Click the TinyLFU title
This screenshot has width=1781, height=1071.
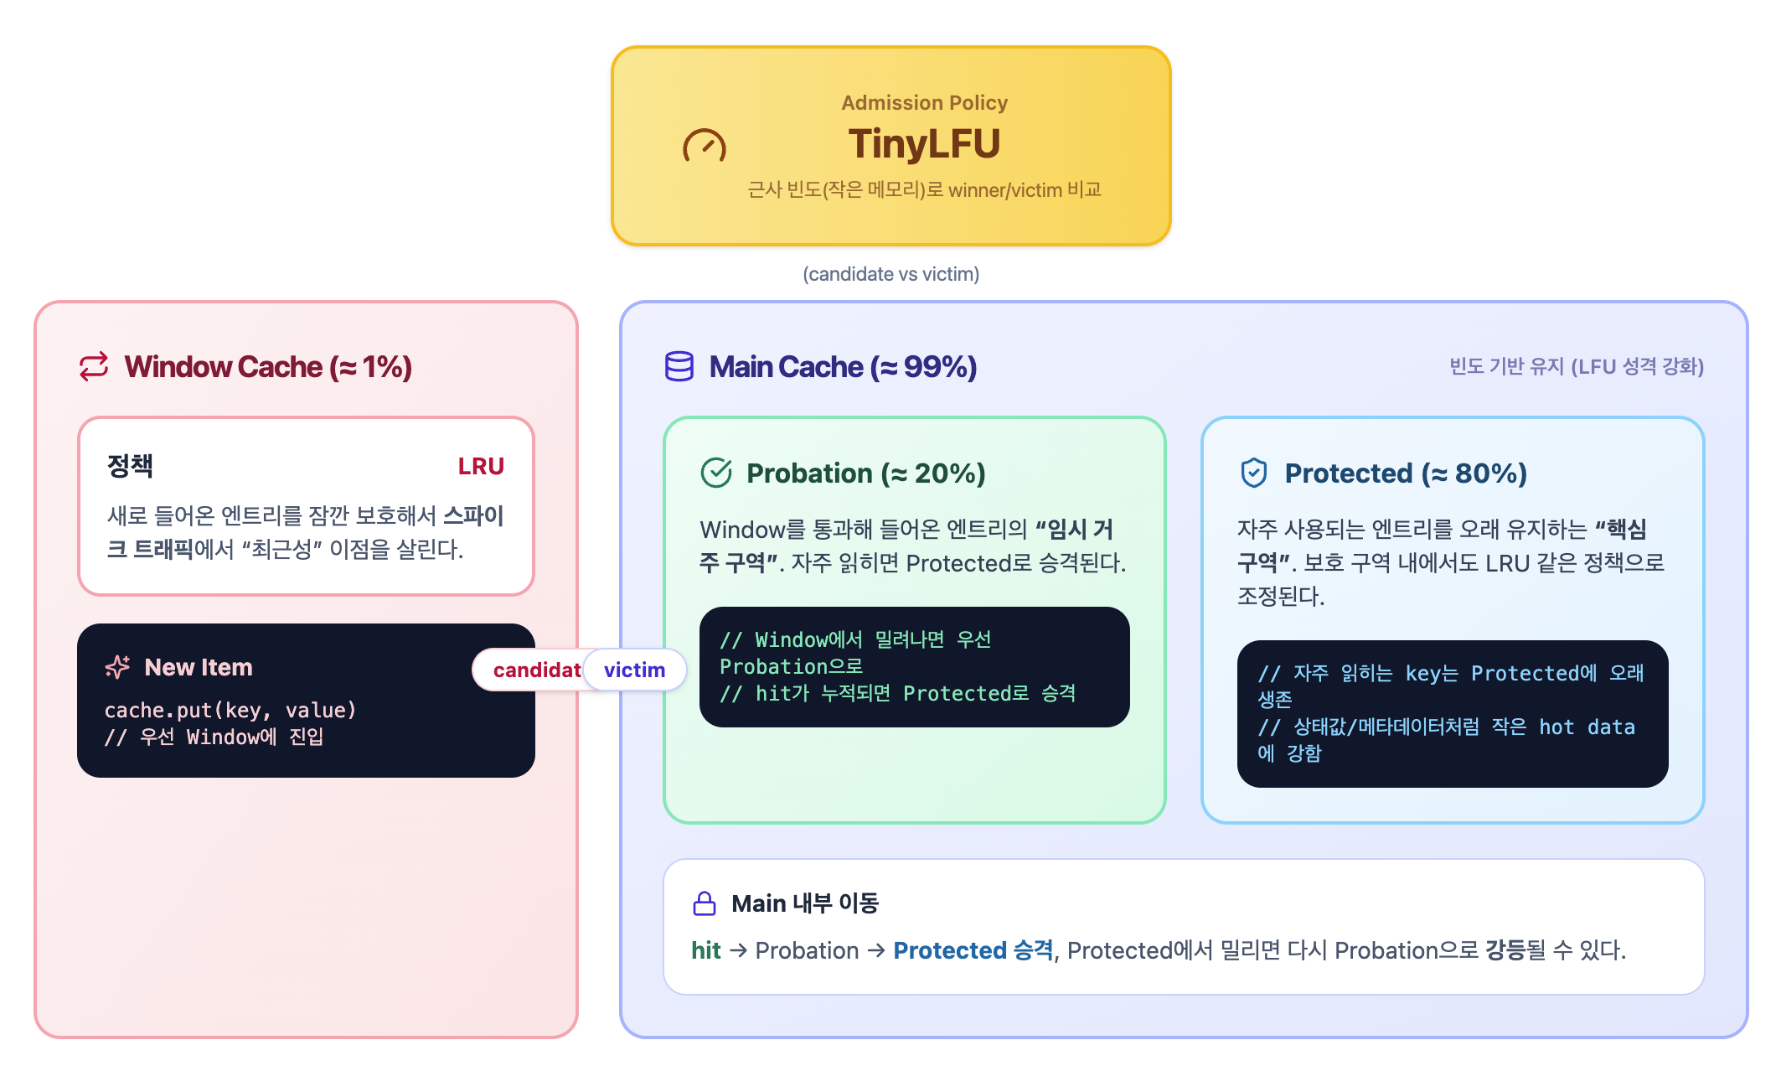point(924,143)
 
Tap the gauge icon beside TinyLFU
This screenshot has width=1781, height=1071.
point(704,147)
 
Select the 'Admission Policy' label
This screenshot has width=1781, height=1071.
point(924,102)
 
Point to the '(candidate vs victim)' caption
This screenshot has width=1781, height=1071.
point(890,274)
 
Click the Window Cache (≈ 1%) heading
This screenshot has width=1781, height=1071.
point(268,367)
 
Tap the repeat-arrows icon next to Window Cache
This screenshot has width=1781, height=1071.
point(94,366)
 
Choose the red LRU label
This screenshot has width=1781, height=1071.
point(481,466)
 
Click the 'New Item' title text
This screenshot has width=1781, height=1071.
point(199,667)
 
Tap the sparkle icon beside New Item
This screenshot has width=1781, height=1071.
point(117,667)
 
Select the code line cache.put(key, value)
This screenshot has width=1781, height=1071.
point(230,710)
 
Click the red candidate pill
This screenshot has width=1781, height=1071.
point(532,670)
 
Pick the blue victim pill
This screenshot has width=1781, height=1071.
point(634,670)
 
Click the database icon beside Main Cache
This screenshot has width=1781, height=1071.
point(679,366)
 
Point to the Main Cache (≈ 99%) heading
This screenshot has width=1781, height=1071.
point(843,367)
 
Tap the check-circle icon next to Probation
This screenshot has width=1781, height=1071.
point(716,473)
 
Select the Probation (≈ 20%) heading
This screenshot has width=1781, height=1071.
point(865,473)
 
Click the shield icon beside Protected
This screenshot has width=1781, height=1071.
point(1253,473)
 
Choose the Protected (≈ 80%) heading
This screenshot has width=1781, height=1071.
point(1405,473)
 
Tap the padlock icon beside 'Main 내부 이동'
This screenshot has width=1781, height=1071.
point(705,903)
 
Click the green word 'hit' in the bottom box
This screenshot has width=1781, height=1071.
point(705,950)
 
